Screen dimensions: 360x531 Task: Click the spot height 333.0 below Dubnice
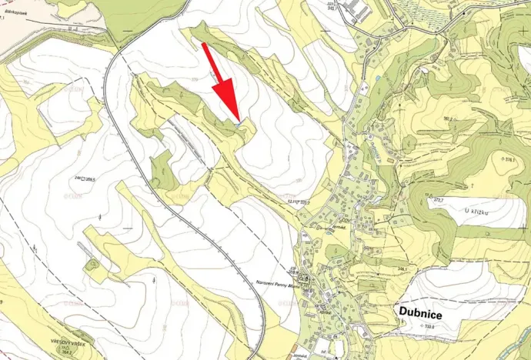(x=426, y=327)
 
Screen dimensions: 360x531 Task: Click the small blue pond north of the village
(x=379, y=78)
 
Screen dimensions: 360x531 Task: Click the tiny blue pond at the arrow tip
(x=240, y=123)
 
